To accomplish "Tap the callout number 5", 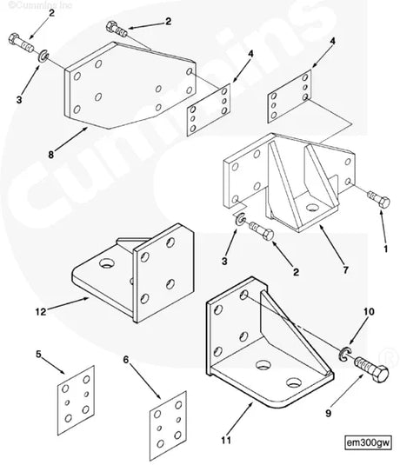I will click(x=37, y=354).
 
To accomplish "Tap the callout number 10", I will click(x=368, y=334).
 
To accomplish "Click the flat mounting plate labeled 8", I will click(x=130, y=91).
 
